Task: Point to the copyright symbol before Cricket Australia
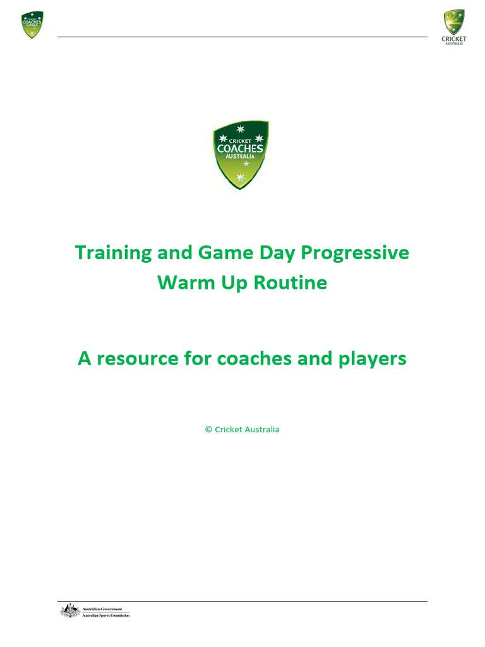click(208, 430)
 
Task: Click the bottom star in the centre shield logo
click(240, 178)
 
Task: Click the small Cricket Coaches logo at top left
click(32, 25)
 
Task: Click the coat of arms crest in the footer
click(69, 611)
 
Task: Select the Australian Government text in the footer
click(102, 608)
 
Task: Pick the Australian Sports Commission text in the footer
click(106, 615)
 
